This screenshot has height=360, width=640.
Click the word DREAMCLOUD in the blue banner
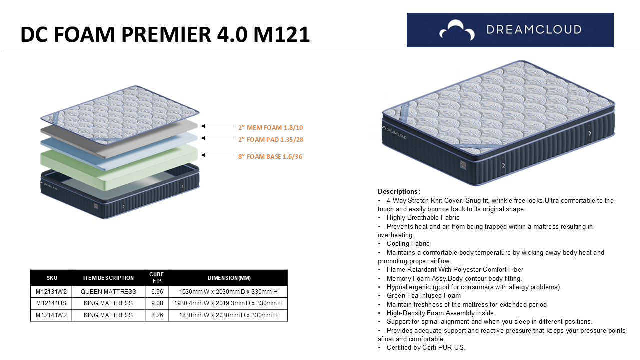534,30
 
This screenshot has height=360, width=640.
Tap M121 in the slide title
281,35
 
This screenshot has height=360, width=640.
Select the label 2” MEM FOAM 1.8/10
270,127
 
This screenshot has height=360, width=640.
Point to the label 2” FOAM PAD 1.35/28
271,139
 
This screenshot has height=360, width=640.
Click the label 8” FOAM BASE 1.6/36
270,156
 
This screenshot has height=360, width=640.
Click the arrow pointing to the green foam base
217,155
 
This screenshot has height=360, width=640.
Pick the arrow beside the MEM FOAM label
217,126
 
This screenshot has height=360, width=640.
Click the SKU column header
52,278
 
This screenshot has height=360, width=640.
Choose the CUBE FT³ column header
157,277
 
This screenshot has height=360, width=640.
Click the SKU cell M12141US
51,303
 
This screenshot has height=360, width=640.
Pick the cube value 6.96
157,291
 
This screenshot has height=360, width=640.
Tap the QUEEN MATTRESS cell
108,291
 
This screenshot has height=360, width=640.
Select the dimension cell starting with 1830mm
228,315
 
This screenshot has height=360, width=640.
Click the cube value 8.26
157,315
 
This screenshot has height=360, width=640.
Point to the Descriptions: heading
399,191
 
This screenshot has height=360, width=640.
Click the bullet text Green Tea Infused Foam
423,295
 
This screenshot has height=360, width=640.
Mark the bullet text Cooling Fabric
408,243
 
